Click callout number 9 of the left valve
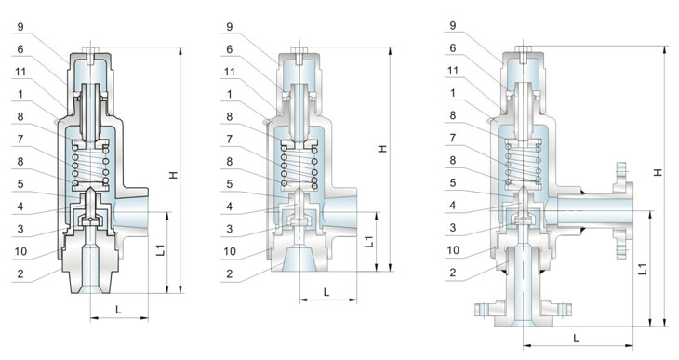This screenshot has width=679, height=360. [20, 27]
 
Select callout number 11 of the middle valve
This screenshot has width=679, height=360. [229, 72]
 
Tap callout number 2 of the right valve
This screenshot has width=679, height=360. [453, 273]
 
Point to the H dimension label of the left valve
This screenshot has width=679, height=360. [174, 175]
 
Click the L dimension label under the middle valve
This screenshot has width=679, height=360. [326, 292]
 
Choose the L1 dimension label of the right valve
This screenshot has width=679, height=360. [644, 269]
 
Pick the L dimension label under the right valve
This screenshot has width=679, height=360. [576, 339]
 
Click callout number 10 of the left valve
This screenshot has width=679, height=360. [20, 252]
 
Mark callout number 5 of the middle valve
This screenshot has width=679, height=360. [229, 184]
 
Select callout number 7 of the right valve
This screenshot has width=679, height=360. [453, 138]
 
